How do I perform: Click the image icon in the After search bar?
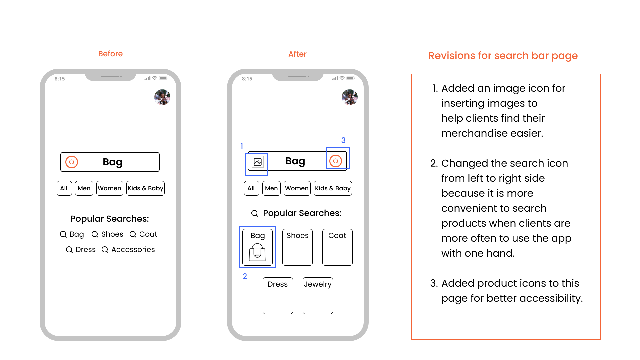pyautogui.click(x=257, y=162)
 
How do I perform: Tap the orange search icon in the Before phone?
pyautogui.click(x=72, y=162)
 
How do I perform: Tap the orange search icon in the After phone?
pyautogui.click(x=336, y=161)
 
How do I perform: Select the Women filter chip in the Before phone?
pyautogui.click(x=110, y=188)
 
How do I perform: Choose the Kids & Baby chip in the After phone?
pyautogui.click(x=333, y=188)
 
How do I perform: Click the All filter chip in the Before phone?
pyautogui.click(x=64, y=188)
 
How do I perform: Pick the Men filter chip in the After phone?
pyautogui.click(x=271, y=188)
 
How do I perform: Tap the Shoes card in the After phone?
pyautogui.click(x=297, y=247)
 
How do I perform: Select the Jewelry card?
pyautogui.click(x=318, y=295)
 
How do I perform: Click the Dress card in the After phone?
pyautogui.click(x=278, y=295)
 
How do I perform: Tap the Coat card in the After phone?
pyautogui.click(x=337, y=247)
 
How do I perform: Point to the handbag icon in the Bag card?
pyautogui.click(x=257, y=252)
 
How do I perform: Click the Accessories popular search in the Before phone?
pyautogui.click(x=133, y=250)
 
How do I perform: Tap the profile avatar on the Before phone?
pyautogui.click(x=162, y=97)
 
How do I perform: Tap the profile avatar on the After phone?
pyautogui.click(x=350, y=97)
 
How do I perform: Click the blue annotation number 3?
pyautogui.click(x=343, y=140)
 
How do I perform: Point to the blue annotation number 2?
pyautogui.click(x=245, y=276)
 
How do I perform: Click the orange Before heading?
pyautogui.click(x=110, y=54)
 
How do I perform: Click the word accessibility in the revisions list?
pyautogui.click(x=551, y=298)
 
